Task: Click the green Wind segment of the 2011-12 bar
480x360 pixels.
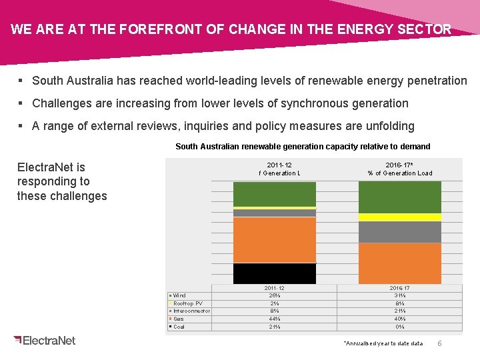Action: tap(274, 194)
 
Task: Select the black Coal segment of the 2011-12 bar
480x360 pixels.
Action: tap(274, 273)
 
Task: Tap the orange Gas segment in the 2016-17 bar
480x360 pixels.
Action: tap(400, 263)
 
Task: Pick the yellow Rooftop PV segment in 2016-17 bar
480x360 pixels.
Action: tap(400, 217)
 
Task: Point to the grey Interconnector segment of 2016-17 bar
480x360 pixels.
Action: tap(400, 232)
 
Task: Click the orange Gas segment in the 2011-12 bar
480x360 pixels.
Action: tap(274, 240)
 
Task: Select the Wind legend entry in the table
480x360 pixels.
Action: tap(179, 295)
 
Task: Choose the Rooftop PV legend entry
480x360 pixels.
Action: tap(187, 303)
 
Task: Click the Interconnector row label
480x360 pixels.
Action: tap(191, 311)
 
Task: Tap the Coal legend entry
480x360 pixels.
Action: tap(179, 327)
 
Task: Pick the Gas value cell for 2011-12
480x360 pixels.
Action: tap(274, 319)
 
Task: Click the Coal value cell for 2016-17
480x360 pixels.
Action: tap(400, 327)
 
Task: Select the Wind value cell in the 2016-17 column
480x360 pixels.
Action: tap(400, 295)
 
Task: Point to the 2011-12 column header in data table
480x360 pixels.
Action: tap(274, 288)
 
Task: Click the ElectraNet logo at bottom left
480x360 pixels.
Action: tap(45, 340)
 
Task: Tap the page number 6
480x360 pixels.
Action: tap(439, 343)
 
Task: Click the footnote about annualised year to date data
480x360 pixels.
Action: tap(383, 343)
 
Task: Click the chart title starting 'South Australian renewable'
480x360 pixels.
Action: tap(303, 146)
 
